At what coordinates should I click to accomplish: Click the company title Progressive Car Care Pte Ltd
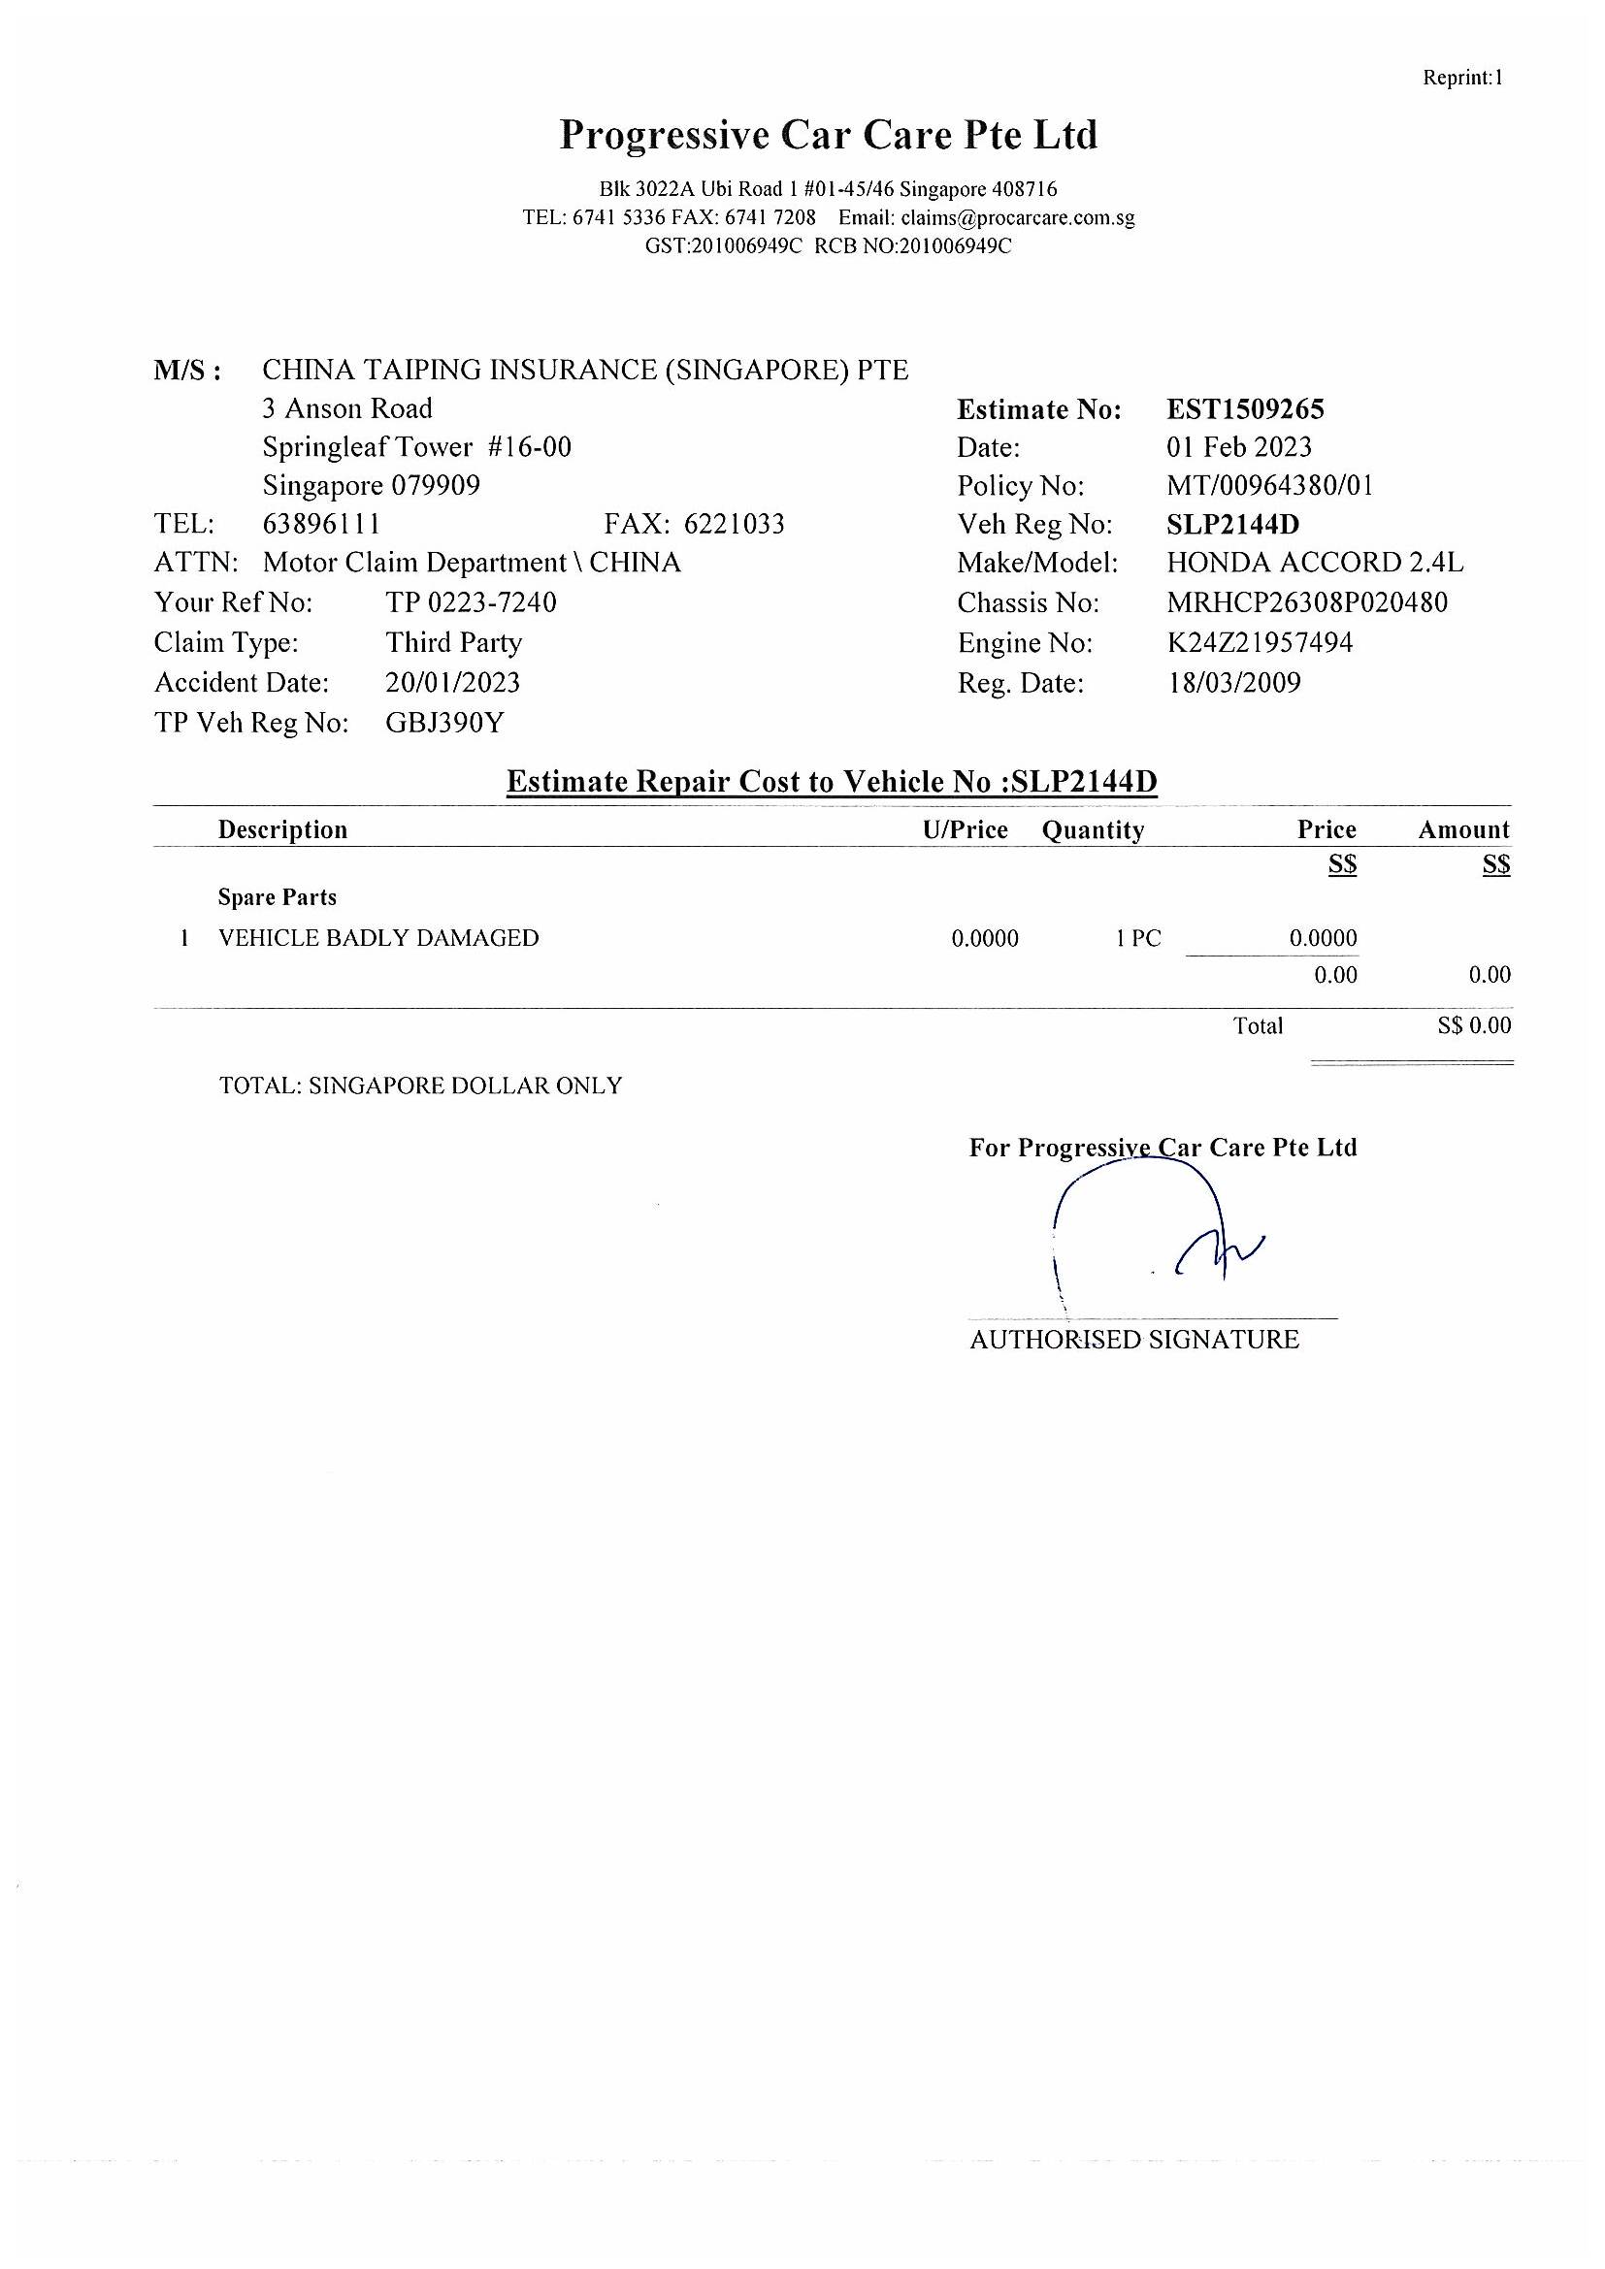(x=828, y=135)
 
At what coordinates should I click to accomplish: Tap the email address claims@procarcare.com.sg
(x=1017, y=217)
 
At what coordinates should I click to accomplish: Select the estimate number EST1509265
(x=1244, y=409)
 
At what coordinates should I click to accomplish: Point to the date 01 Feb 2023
(x=1238, y=446)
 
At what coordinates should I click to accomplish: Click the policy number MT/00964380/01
(x=1269, y=485)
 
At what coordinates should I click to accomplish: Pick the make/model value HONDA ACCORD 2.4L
(x=1315, y=563)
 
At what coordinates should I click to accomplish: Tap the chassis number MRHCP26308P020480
(x=1306, y=601)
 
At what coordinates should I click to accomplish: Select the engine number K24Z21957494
(x=1260, y=642)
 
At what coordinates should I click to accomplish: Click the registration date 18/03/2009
(x=1233, y=682)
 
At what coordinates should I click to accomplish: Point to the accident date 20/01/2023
(x=452, y=682)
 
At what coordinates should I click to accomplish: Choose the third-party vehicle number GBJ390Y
(x=444, y=723)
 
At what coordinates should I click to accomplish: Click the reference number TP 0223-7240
(x=471, y=601)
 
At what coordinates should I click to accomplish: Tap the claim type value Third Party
(x=453, y=642)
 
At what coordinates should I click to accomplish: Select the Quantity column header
(x=1092, y=830)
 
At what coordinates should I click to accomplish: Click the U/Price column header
(x=965, y=830)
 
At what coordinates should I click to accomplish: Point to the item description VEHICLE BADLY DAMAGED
(x=378, y=938)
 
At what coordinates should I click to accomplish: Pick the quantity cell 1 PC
(x=1138, y=938)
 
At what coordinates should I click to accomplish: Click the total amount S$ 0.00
(x=1474, y=1024)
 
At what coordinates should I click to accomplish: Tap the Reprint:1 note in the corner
(x=1461, y=77)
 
